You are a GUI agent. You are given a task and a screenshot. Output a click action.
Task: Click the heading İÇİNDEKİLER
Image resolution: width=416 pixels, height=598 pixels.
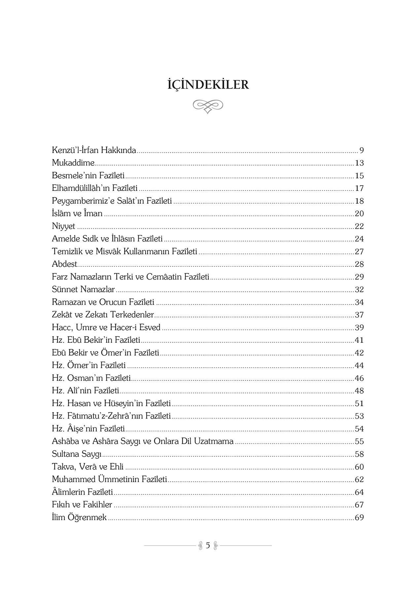click(208, 85)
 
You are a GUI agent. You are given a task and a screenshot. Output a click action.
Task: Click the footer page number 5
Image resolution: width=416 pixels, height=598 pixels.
click(208, 545)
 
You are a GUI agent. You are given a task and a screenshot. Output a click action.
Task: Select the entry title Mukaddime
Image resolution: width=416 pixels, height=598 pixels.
click(73, 163)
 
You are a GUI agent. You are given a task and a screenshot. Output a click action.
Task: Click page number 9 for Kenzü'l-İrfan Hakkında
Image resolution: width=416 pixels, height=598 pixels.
click(362, 151)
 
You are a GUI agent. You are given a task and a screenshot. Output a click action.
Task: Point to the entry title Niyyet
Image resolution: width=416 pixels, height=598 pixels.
click(63, 227)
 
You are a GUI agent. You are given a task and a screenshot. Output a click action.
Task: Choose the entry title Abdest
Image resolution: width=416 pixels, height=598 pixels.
click(64, 264)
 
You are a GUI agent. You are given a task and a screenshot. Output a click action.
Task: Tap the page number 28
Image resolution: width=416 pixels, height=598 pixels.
click(359, 264)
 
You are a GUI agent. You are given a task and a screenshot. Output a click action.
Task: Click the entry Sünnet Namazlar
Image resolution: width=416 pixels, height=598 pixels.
click(83, 290)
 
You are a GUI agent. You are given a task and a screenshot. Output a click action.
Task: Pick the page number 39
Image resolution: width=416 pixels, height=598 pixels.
click(359, 328)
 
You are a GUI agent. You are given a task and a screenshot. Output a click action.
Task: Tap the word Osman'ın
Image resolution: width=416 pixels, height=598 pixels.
click(82, 378)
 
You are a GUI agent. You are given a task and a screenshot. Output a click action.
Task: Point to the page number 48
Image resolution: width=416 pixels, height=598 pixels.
click(359, 391)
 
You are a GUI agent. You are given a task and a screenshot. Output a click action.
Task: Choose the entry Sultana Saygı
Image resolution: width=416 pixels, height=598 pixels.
click(77, 454)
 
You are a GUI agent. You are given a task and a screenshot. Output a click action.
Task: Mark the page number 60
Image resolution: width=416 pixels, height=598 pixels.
click(359, 467)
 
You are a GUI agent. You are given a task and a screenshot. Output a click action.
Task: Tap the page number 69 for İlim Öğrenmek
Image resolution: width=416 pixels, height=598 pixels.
click(359, 517)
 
